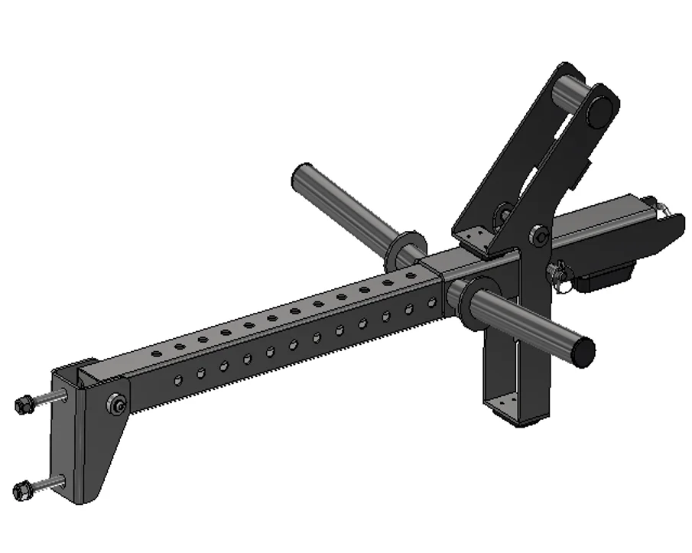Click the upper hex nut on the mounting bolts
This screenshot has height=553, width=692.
[22, 402]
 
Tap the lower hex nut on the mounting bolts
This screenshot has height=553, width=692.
[22, 487]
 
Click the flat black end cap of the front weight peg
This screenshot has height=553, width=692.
[583, 350]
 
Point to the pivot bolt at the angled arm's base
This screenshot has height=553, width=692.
[539, 237]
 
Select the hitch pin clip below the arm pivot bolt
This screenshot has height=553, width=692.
[563, 270]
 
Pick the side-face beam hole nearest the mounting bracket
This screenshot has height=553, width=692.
[177, 379]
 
